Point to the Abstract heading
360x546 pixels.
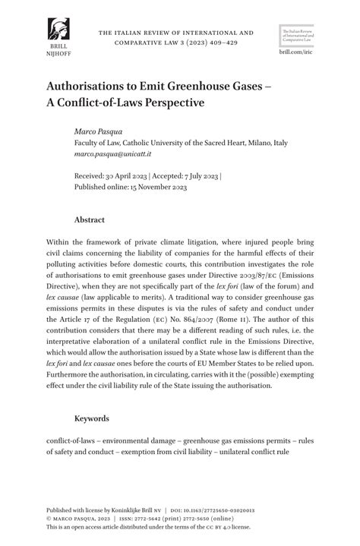[x=89, y=219]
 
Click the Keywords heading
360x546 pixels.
[x=92, y=418]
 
